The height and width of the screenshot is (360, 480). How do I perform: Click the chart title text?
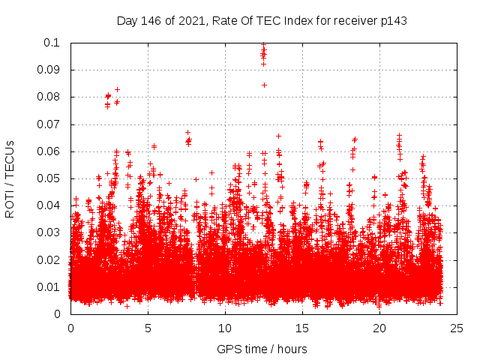click(262, 21)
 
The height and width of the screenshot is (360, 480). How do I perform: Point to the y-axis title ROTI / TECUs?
click(10, 178)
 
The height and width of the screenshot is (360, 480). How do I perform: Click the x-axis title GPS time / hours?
click(262, 349)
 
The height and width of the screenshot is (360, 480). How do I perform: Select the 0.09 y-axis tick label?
click(49, 70)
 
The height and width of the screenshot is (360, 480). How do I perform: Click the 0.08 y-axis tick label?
click(49, 97)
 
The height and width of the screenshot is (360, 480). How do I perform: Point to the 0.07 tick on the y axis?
click(49, 124)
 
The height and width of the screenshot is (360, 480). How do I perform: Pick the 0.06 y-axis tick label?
click(49, 151)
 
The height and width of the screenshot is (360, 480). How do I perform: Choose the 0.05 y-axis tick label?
click(49, 178)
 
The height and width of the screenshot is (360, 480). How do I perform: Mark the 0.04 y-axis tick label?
click(49, 205)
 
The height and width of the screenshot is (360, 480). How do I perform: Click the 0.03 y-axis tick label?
click(49, 232)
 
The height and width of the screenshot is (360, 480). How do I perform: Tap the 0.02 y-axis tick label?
click(49, 260)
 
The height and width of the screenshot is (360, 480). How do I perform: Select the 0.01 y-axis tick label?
click(49, 287)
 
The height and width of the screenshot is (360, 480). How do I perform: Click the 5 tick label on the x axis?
click(148, 328)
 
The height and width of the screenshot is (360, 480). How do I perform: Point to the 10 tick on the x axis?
click(225, 328)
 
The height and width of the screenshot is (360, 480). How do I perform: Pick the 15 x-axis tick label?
click(302, 328)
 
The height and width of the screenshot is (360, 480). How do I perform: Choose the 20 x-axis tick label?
click(379, 328)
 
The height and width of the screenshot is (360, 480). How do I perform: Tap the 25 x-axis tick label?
click(457, 328)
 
